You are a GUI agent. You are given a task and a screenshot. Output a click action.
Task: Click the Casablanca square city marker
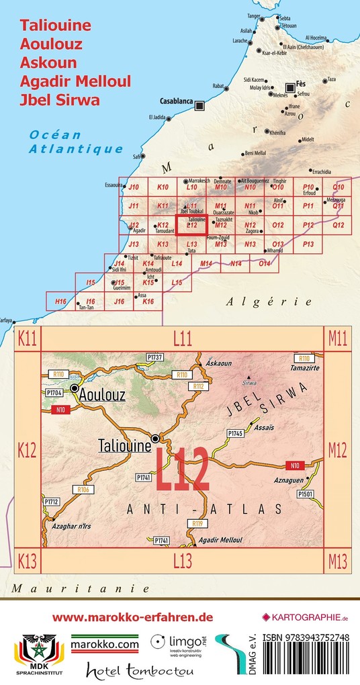199,105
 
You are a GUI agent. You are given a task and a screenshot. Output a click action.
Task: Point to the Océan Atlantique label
75,142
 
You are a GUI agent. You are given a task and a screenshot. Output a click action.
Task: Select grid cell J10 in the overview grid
133,187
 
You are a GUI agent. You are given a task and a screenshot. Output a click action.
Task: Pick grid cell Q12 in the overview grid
338,224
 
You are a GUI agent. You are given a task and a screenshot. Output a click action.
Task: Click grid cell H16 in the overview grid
60,302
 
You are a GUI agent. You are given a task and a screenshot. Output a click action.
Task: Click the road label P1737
154,357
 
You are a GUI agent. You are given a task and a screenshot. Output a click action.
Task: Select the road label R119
197,522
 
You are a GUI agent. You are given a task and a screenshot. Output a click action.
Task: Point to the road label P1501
306,494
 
